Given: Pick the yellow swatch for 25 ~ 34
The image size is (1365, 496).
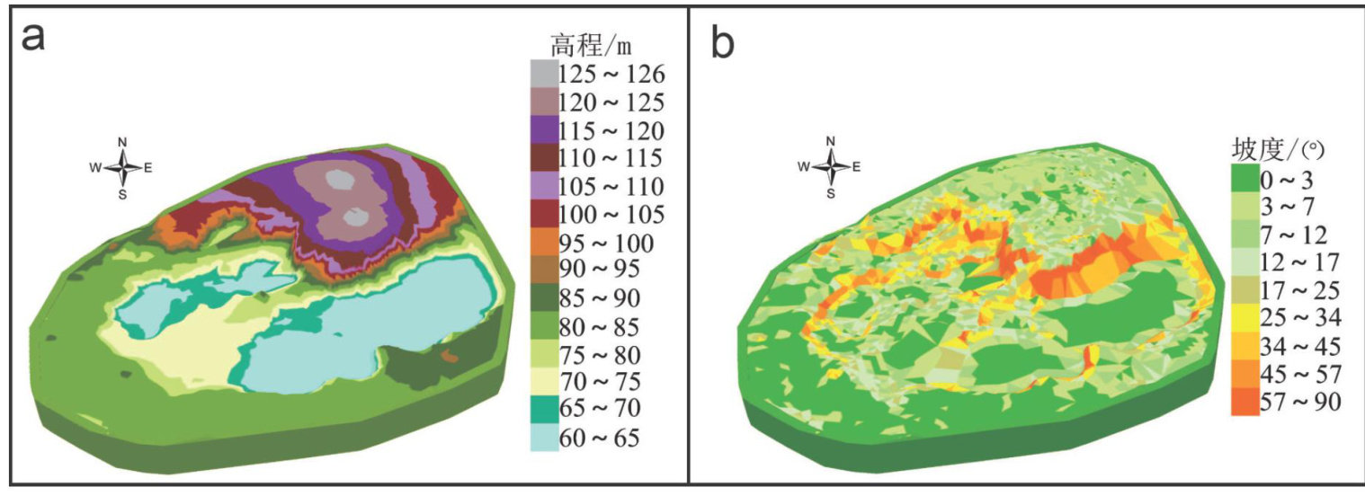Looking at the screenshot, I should click(x=1245, y=318).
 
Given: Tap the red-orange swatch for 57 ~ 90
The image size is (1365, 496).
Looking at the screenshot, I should click(x=1245, y=402).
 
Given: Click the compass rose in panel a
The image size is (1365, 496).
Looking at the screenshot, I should click(x=123, y=166).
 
